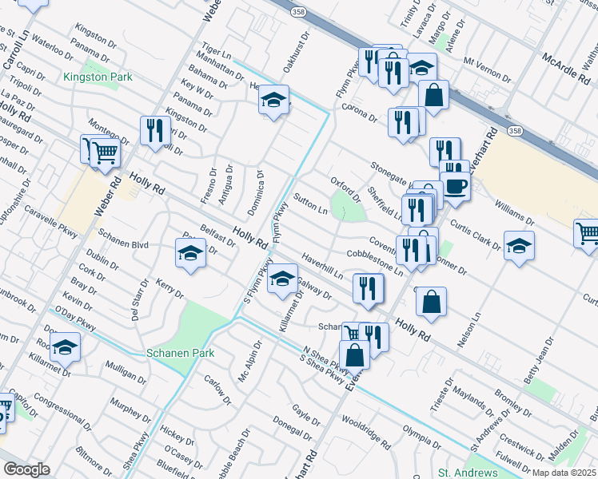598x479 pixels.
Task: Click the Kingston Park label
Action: pos(98,77)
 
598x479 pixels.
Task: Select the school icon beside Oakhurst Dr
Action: pos(273,101)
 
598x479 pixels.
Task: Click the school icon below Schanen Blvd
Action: pos(190,254)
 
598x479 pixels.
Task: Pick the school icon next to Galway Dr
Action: pos(281,280)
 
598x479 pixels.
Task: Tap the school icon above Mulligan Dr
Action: pos(65,347)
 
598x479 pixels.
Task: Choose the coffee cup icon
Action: pos(455,186)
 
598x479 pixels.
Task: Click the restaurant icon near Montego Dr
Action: pos(154,131)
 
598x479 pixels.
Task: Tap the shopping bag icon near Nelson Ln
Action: pos(431,303)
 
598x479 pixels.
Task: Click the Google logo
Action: pos(26,469)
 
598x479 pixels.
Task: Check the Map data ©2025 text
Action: pos(564,473)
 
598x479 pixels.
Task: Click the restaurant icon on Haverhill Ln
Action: pos(368,289)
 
